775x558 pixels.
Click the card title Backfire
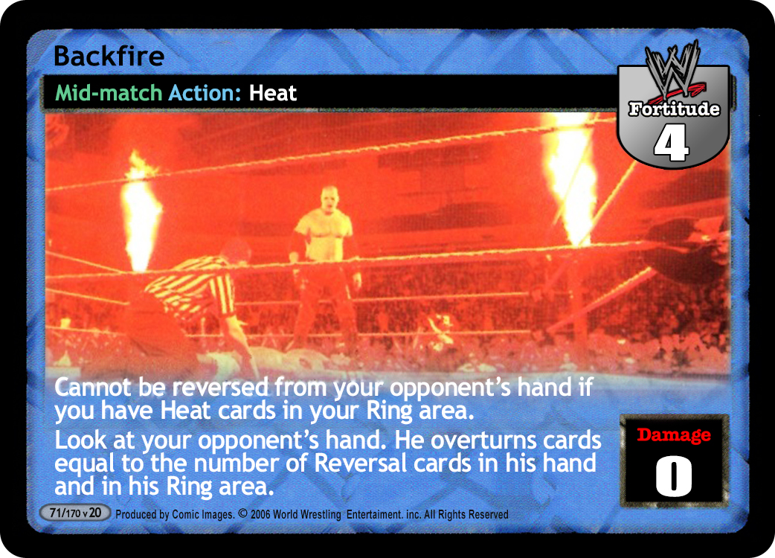tap(109, 56)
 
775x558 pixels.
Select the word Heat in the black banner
tap(272, 93)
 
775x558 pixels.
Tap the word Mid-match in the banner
tap(109, 93)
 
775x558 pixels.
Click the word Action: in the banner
tap(205, 93)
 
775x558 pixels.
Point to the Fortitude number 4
tap(671, 143)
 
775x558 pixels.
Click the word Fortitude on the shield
tap(674, 109)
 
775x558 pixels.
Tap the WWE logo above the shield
tap(673, 69)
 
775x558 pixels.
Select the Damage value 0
tap(674, 475)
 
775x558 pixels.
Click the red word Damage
tap(674, 435)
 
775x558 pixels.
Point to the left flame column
tap(141, 213)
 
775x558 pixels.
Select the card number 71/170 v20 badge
tap(74, 513)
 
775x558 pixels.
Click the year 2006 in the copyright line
tap(260, 515)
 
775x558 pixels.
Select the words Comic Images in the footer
tap(202, 515)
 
